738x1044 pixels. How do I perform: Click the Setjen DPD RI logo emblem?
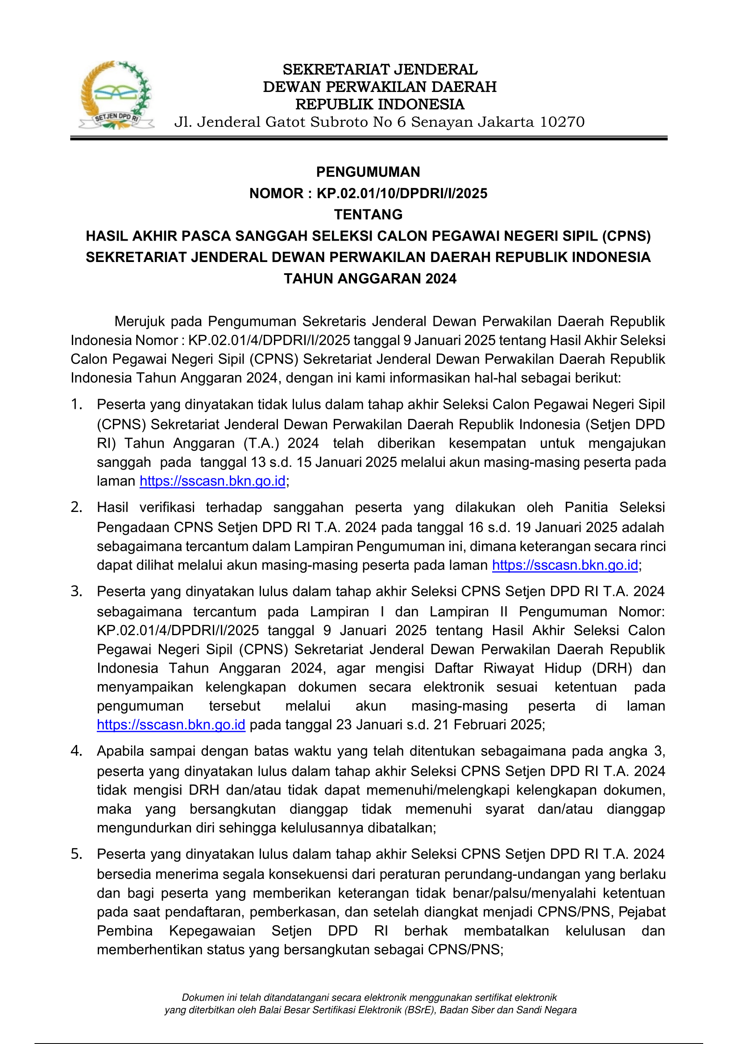click(116, 96)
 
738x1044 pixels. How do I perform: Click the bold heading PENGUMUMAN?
click(368, 172)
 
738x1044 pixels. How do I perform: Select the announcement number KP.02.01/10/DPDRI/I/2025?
click(402, 193)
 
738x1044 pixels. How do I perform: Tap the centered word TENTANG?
click(368, 214)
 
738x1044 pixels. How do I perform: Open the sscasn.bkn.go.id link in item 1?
click(212, 481)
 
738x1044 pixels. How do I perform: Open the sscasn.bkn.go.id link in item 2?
click(565, 565)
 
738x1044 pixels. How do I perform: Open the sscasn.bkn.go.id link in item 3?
click(171, 724)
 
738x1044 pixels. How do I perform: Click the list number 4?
click(76, 751)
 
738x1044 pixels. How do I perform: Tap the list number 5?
click(76, 854)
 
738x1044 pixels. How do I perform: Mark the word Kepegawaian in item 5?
click(212, 931)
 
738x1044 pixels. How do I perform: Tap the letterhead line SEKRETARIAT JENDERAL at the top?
click(380, 70)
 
